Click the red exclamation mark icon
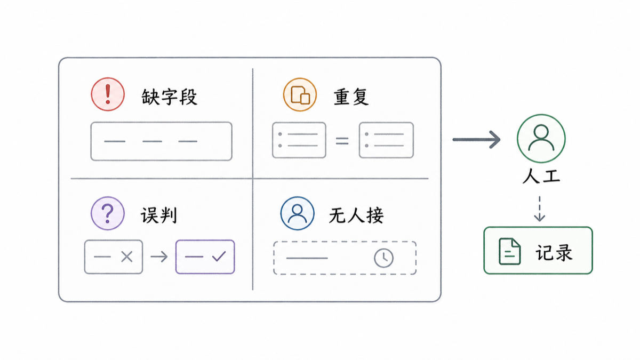108,94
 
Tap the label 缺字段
170,97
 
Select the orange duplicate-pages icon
300,94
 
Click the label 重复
351,97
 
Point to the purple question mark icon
108,213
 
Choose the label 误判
159,215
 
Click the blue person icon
298,213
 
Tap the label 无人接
356,215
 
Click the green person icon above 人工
541,139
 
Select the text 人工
541,175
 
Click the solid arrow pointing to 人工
477,139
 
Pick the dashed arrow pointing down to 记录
539,209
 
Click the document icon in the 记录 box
509,251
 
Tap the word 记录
554,252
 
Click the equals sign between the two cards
342,141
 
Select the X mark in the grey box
127,257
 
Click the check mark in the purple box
219,257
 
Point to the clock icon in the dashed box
383,258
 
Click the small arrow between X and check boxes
159,257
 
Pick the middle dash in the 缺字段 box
153,141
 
